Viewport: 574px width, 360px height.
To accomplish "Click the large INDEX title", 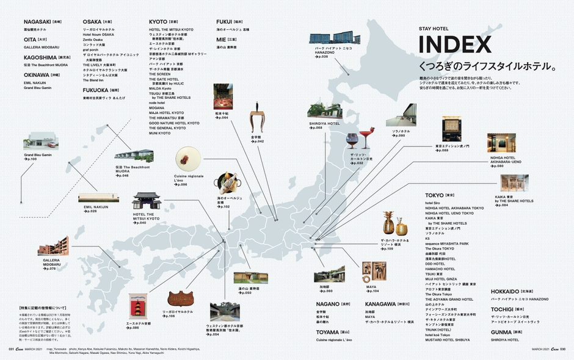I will click(454, 45).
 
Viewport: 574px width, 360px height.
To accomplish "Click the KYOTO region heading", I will click(162, 22).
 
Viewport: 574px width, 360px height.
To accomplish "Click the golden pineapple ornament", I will click(388, 225).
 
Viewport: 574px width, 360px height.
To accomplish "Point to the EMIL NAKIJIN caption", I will click(96, 207).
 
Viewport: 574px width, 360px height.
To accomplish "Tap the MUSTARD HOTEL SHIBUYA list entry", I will click(449, 339).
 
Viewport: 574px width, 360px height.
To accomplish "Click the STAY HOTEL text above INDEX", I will click(434, 29).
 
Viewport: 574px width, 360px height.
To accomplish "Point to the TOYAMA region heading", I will click(330, 333).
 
